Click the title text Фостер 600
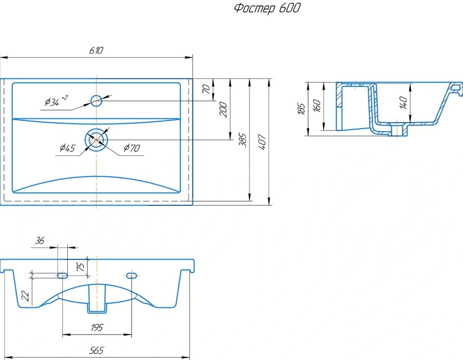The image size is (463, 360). [x=267, y=8]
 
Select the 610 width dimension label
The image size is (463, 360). [x=96, y=51]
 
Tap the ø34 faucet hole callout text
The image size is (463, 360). [x=56, y=101]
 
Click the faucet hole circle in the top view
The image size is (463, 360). [x=96, y=101]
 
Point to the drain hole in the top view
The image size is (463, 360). [x=96, y=140]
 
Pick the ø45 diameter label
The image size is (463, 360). [x=68, y=148]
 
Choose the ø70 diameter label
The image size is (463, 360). [x=132, y=148]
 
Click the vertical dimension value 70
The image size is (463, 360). [x=207, y=89]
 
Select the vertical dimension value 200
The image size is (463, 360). [x=224, y=110]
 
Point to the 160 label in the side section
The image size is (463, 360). [x=316, y=106]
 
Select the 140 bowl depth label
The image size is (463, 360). [x=404, y=102]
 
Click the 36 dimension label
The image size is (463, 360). [x=39, y=241]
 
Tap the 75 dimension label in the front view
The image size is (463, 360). [x=80, y=266]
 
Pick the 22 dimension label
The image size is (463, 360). [x=25, y=296]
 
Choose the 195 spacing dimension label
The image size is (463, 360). [x=97, y=327]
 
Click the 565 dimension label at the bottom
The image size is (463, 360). [x=96, y=351]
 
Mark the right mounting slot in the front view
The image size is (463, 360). [x=132, y=276]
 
